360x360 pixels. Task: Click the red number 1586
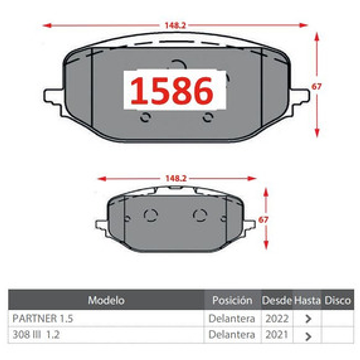(x=172, y=90)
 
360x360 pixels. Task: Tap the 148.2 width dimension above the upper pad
(x=175, y=26)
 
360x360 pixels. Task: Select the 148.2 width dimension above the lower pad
(x=176, y=179)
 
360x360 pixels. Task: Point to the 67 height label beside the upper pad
(x=317, y=86)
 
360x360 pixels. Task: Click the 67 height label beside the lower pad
(x=263, y=219)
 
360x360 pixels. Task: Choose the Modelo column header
(x=107, y=300)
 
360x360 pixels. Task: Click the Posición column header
(x=232, y=300)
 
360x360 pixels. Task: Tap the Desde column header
(x=277, y=300)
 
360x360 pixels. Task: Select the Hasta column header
(x=307, y=300)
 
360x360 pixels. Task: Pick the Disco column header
(x=338, y=300)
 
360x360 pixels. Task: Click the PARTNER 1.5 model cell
(x=43, y=318)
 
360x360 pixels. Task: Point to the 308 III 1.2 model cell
(x=36, y=335)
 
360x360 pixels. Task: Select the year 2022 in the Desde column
(x=277, y=318)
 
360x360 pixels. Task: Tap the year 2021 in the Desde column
(x=277, y=335)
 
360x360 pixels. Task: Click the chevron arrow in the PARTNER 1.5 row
(x=308, y=319)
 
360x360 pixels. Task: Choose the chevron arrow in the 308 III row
(x=308, y=336)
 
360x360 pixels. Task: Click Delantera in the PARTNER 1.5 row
(x=232, y=318)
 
